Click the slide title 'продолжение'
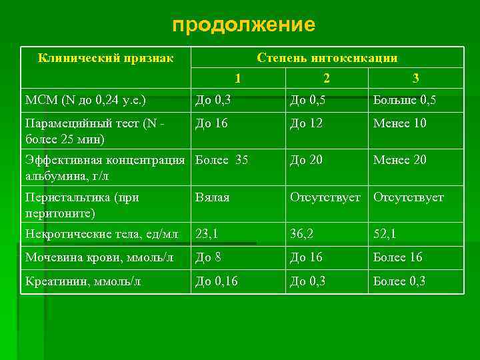click(x=243, y=25)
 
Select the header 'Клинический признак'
click(x=106, y=58)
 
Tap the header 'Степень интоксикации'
click(x=327, y=58)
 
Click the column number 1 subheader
click(x=238, y=79)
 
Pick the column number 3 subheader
click(x=416, y=79)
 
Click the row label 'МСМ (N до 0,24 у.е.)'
click(x=85, y=101)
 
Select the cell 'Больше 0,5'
click(x=405, y=101)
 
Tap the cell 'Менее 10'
click(x=400, y=123)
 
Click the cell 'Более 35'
click(x=221, y=160)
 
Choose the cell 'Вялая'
click(x=212, y=197)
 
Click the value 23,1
click(x=207, y=234)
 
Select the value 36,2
click(x=302, y=234)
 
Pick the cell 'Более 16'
click(x=398, y=257)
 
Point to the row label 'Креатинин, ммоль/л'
click(x=83, y=281)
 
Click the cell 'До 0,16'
click(x=216, y=281)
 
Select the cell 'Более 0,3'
click(x=399, y=281)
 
